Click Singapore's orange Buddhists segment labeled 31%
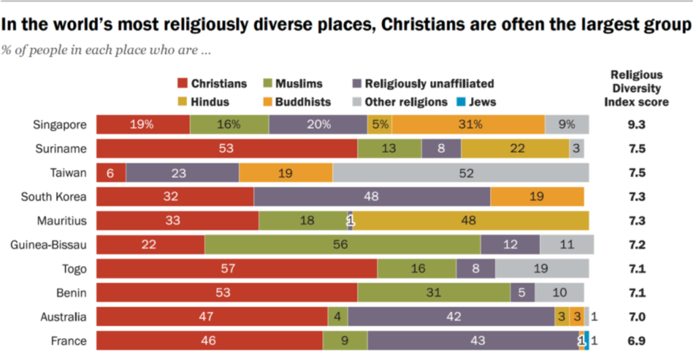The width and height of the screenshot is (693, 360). (x=468, y=125)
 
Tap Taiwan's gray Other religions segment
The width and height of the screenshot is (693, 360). (x=460, y=173)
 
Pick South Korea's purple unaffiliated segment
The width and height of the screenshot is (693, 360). (x=372, y=196)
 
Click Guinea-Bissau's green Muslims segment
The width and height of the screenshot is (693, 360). (x=342, y=244)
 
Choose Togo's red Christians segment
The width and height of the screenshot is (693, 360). (x=236, y=269)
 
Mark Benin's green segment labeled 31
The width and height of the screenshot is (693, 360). (x=434, y=292)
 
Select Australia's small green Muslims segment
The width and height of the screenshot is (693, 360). (x=337, y=317)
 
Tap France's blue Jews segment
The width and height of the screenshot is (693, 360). (x=587, y=340)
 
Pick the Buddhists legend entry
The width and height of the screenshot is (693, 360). (x=301, y=102)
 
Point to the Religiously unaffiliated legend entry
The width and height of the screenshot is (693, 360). (x=423, y=84)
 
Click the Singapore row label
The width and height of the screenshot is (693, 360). (x=60, y=125)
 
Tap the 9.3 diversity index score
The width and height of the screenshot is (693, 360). (x=635, y=125)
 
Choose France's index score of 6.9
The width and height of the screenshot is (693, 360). (x=635, y=340)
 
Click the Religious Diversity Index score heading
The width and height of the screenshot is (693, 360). (x=636, y=88)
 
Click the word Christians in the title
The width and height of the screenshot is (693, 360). (x=421, y=26)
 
